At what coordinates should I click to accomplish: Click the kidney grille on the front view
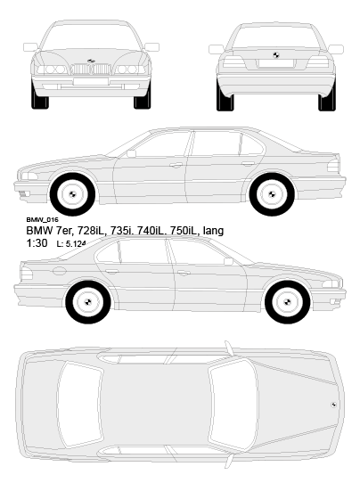91,69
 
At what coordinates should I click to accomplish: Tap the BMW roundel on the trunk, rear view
275,55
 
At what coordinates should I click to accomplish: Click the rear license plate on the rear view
275,63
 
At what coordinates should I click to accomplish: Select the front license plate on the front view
91,81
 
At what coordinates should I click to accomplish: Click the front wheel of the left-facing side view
73,194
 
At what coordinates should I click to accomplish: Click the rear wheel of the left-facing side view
272,194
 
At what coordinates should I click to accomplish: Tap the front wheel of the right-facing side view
287,302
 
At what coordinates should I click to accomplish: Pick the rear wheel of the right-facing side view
88,302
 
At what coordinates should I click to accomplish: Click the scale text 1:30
37,243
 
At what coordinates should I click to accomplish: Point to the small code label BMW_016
42,219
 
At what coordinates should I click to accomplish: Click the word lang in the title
213,231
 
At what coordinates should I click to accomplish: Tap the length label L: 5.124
70,244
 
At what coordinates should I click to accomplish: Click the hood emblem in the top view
333,405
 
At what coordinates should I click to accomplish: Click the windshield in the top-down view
233,405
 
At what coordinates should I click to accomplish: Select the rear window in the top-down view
80,405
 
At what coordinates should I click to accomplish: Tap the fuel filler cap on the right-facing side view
59,271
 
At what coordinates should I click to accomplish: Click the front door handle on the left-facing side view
176,166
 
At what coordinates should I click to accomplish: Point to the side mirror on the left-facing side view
131,153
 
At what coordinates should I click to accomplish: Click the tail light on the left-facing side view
333,166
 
